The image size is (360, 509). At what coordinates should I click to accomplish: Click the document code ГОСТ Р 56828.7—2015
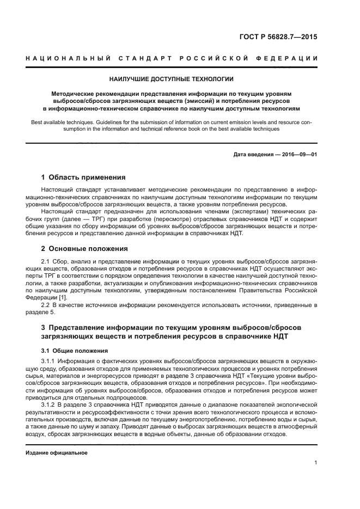pyautogui.click(x=277, y=38)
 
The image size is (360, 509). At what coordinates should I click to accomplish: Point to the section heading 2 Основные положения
pyautogui.click(x=84, y=249)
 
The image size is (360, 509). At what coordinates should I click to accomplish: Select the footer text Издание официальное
pyautogui.click(x=57, y=452)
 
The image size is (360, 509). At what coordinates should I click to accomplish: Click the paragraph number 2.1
pyautogui.click(x=45, y=261)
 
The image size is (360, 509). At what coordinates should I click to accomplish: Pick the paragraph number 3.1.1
pyautogui.click(x=48, y=361)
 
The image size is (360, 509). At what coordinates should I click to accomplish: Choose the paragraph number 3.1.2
pyautogui.click(x=48, y=406)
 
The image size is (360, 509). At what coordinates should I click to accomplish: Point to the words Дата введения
pyautogui.click(x=251, y=155)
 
